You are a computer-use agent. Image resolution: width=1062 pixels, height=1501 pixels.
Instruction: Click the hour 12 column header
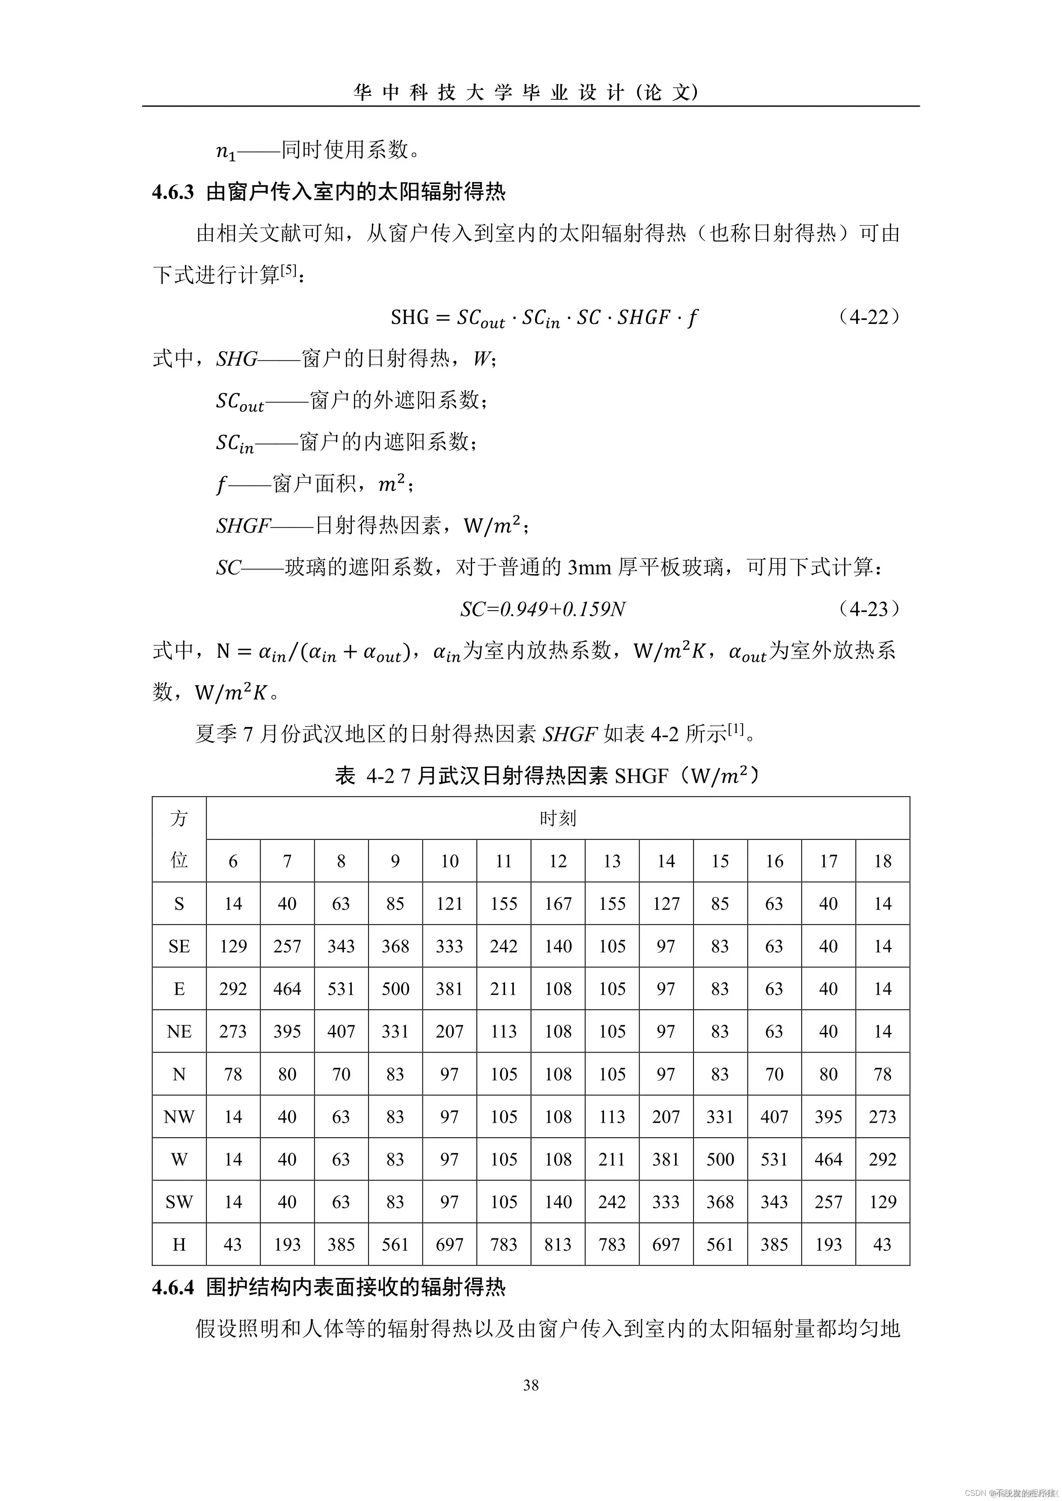pyautogui.click(x=557, y=861)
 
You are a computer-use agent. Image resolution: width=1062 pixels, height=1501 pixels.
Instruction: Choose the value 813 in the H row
pyautogui.click(x=557, y=1245)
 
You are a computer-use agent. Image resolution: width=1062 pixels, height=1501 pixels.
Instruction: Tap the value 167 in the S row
pyautogui.click(x=557, y=904)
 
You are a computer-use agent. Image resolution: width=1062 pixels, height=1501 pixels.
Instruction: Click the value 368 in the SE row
pyautogui.click(x=395, y=946)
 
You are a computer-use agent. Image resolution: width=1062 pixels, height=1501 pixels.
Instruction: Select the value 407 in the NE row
pyautogui.click(x=341, y=1032)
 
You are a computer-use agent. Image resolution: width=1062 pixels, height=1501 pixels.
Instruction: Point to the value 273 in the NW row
pyautogui.click(x=882, y=1117)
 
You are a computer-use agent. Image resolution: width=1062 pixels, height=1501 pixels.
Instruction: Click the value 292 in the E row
pyautogui.click(x=233, y=989)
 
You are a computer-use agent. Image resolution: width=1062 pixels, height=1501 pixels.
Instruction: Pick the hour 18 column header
pyautogui.click(x=882, y=861)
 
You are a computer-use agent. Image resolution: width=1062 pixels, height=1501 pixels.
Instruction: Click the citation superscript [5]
pyautogui.click(x=289, y=270)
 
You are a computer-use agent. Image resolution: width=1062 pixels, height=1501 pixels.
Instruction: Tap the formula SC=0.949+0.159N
pyautogui.click(x=542, y=609)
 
